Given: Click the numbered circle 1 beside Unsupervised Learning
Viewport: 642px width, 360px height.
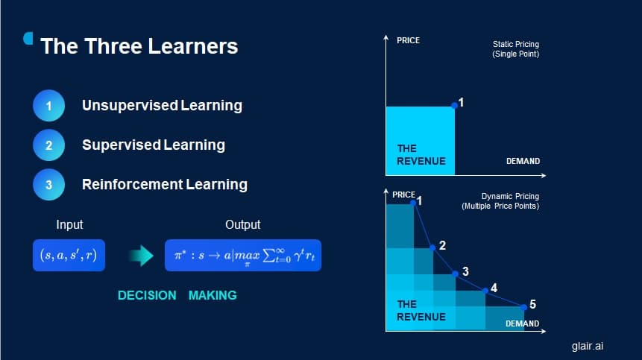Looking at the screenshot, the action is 48,106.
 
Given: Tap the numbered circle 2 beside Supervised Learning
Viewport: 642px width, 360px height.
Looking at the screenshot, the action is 48,145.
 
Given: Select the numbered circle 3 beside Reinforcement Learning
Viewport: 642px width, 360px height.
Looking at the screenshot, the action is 48,185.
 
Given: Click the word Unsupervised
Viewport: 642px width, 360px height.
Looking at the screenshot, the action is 130,106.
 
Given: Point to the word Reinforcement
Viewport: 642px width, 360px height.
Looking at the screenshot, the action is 132,185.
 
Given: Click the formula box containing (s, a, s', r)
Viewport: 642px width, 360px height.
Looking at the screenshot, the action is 69,255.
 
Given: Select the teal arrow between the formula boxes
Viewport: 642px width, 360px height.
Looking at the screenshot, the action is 141,256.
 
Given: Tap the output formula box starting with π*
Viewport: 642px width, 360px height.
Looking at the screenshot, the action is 243,255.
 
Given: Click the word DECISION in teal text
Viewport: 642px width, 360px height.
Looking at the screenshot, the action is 147,295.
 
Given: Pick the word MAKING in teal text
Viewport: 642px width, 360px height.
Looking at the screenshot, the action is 213,295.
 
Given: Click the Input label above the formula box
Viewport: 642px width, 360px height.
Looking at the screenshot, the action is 69,224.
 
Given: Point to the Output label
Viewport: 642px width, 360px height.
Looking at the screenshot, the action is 243,224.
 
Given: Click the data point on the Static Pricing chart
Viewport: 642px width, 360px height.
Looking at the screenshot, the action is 454,106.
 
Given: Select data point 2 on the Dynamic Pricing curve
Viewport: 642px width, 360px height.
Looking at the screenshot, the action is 432,247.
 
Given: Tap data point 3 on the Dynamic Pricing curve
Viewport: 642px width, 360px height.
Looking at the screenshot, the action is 455,274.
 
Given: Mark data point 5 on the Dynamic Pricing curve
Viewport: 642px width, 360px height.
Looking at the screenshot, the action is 523,307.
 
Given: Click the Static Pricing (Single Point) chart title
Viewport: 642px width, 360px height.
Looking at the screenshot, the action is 515,49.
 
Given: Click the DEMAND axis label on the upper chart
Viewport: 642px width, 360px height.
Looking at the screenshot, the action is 523,161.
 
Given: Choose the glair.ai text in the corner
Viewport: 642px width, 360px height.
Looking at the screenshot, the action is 588,346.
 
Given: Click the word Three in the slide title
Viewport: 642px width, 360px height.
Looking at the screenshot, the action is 110,46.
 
